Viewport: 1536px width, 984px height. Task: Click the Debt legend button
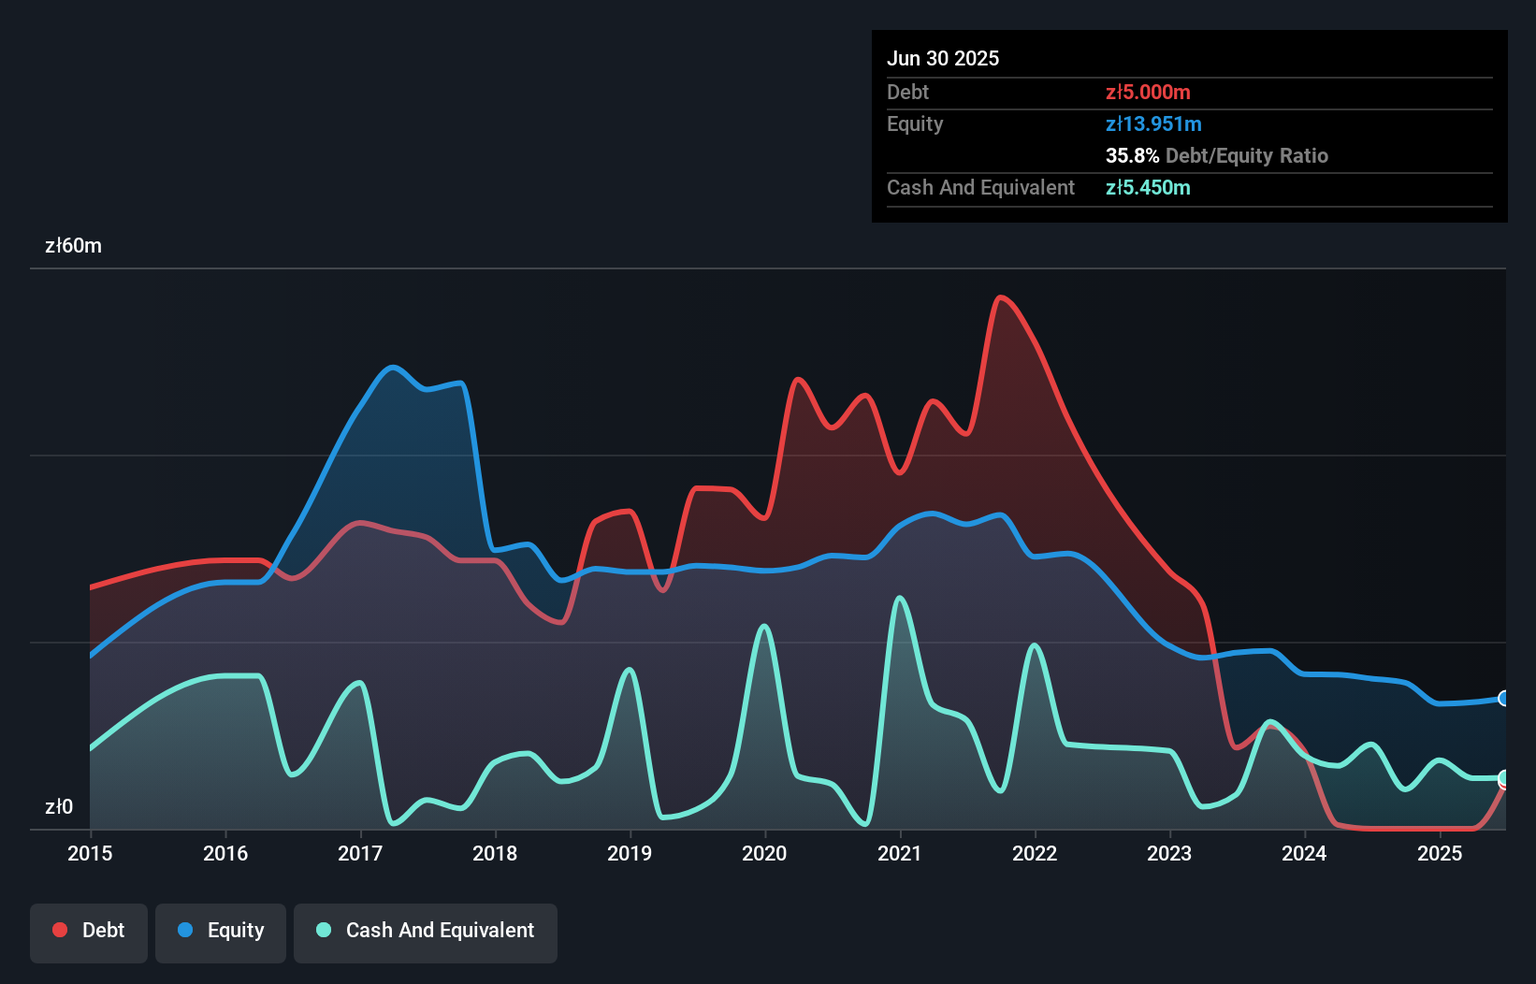89,932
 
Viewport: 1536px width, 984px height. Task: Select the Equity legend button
221,932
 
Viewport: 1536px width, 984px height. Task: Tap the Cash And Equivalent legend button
426,932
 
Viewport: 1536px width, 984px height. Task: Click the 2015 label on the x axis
90,853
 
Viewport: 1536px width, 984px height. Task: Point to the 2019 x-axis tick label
630,853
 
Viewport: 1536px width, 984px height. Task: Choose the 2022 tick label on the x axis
1035,853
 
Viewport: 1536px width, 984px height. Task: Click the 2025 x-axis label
1439,853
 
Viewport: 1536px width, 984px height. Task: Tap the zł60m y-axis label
73,246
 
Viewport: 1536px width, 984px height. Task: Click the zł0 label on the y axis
58,806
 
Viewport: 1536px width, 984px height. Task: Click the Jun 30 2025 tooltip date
943,58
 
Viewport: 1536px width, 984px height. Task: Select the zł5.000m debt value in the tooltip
1148,92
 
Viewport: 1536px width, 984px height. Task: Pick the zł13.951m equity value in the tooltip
1153,123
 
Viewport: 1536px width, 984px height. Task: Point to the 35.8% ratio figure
1132,155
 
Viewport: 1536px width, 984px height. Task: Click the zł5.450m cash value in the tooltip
1148,187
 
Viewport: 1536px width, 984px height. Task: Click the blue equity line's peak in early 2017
393,367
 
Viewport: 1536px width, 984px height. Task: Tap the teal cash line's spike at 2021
900,598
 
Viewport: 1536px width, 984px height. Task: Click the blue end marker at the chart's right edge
1504,699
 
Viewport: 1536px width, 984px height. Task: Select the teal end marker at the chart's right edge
1504,778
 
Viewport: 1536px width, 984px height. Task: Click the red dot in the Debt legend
60,930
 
